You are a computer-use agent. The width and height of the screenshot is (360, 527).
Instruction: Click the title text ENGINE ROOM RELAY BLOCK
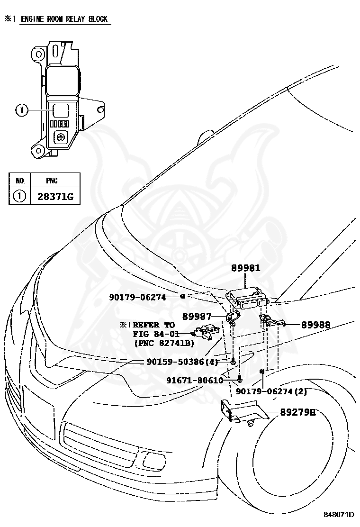pyautogui.click(x=64, y=19)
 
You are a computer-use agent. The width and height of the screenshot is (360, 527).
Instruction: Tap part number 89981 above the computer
pyautogui.click(x=246, y=268)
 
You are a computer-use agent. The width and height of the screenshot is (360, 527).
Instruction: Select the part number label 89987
pyautogui.click(x=197, y=316)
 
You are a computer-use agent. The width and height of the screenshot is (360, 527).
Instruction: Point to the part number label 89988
pyautogui.click(x=315, y=325)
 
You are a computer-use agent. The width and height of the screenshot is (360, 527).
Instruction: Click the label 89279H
pyautogui.click(x=298, y=412)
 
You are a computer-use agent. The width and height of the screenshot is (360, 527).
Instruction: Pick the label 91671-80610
pyautogui.click(x=195, y=380)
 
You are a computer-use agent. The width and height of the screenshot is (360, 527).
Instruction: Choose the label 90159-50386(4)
pyautogui.click(x=182, y=362)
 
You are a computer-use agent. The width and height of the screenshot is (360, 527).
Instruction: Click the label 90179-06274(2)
pyautogui.click(x=271, y=391)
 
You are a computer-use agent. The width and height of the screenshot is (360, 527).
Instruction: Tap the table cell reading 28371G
pyautogui.click(x=55, y=196)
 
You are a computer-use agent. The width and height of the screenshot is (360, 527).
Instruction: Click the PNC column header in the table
pyautogui.click(x=52, y=181)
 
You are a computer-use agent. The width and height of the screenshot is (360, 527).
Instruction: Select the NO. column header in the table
pyautogui.click(x=20, y=181)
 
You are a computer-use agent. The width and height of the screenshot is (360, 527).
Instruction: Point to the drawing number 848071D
pyautogui.click(x=339, y=515)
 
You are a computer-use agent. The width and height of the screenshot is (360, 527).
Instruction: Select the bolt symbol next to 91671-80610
pyautogui.click(x=239, y=379)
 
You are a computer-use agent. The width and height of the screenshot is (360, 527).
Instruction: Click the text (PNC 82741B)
pyautogui.click(x=164, y=343)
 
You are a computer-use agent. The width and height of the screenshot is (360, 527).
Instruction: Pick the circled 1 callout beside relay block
pyautogui.click(x=21, y=110)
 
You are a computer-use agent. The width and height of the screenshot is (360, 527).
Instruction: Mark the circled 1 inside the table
pyautogui.click(x=19, y=196)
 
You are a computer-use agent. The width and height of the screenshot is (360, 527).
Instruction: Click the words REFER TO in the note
pyautogui.click(x=154, y=325)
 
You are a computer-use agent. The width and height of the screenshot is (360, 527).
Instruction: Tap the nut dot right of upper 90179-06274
pyautogui.click(x=183, y=296)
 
